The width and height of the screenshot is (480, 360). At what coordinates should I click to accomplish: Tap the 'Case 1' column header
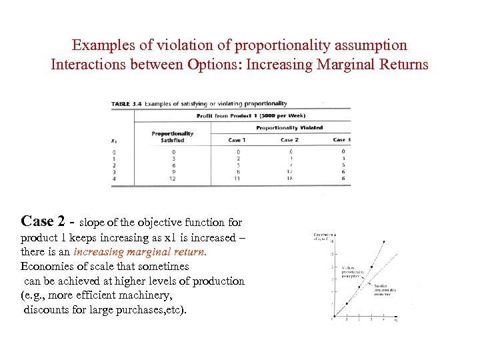(237, 140)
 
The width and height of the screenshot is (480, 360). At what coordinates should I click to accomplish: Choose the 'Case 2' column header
(289, 140)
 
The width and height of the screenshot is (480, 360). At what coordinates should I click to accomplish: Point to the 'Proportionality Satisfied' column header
(173, 136)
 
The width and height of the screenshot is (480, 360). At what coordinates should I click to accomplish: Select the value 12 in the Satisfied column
(173, 179)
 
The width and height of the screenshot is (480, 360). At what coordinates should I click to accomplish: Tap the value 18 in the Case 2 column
(289, 179)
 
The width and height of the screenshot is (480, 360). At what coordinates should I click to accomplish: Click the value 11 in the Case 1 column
(237, 179)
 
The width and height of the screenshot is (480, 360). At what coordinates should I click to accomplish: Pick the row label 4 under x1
(114, 179)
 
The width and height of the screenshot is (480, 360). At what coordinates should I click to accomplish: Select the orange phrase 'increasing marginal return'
(140, 252)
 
